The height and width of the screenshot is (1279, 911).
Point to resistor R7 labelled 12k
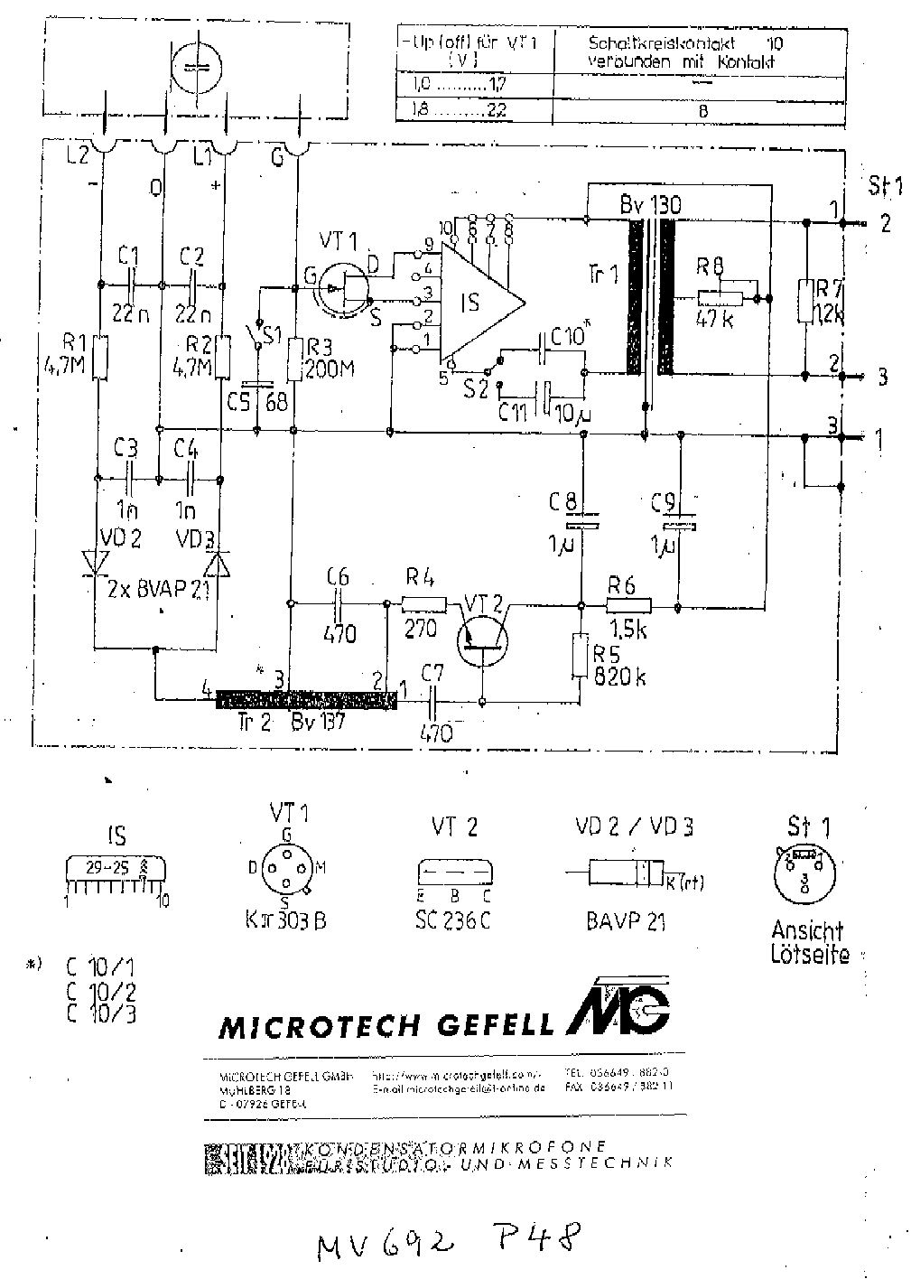tap(804, 302)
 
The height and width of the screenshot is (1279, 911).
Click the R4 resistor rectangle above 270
tap(423, 604)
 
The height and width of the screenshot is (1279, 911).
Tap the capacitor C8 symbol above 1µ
tap(582, 522)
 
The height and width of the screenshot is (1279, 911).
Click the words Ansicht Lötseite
tap(808, 942)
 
